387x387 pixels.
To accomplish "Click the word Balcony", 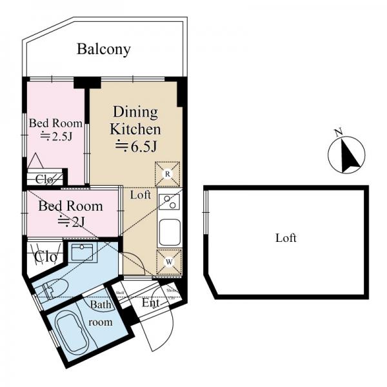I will click(104, 49).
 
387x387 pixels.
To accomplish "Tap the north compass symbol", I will click(347, 155).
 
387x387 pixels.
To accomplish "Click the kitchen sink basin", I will click(170, 233).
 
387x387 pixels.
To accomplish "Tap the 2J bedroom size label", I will click(71, 221).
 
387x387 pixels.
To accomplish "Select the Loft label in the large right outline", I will click(286, 238).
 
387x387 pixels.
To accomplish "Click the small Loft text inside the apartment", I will click(141, 194).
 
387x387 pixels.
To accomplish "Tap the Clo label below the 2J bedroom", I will click(45, 257).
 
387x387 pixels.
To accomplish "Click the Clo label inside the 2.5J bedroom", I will click(44, 179).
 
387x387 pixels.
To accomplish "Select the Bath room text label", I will click(101, 313).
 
